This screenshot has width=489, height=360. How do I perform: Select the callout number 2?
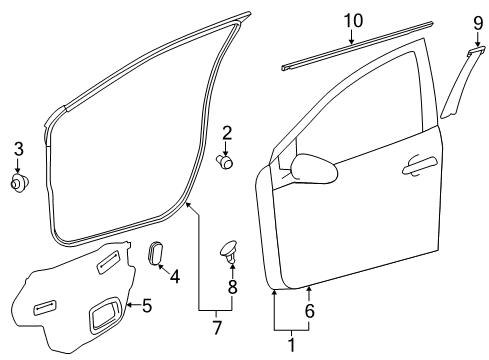227,132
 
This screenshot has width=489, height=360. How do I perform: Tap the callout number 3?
17,150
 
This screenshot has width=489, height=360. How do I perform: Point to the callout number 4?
174,277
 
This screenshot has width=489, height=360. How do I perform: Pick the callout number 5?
146,305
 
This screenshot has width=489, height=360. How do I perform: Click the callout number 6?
309,311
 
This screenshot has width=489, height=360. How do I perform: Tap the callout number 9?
477,22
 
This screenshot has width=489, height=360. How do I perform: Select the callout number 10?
352,20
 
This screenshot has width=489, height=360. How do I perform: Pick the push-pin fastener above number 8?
231,250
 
